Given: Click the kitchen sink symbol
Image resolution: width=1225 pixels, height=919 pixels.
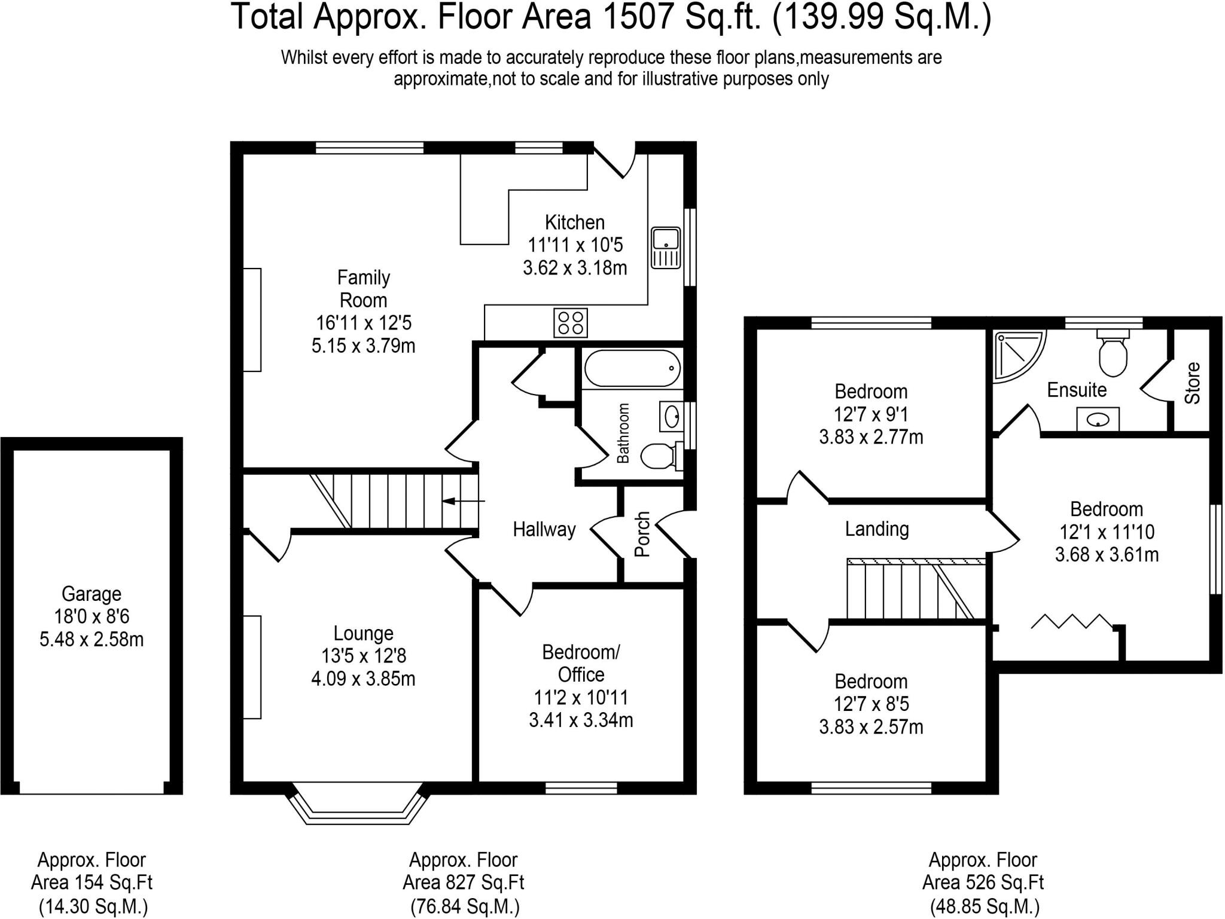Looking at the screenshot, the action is coord(666,248).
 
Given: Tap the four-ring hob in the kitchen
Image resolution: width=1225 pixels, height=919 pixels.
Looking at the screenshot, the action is coord(571,323).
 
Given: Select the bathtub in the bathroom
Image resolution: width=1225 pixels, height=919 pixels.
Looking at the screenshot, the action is coord(632,368).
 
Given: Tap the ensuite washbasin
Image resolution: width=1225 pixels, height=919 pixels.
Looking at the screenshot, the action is coord(1098,419).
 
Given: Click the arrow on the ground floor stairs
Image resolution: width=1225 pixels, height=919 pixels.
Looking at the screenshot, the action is coord(464,500).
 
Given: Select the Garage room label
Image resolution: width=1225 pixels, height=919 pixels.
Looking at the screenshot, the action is coord(92,594).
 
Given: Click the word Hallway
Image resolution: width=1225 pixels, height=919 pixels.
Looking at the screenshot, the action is coord(544,529).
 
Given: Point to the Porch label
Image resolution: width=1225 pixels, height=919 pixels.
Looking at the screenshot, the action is coord(642,534).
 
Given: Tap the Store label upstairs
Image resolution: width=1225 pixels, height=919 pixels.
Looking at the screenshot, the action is coord(1192,383).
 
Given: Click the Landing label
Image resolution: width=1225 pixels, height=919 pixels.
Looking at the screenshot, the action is coord(877,529).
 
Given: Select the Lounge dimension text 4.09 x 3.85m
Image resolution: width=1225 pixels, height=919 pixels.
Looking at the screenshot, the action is coord(363,679).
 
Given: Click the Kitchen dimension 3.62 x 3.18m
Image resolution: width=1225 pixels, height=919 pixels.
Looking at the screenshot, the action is coord(575,267).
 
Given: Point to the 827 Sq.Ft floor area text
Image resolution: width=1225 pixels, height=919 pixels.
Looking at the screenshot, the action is coord(464,883).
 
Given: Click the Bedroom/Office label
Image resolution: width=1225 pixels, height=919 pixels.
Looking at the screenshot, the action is coord(581,663).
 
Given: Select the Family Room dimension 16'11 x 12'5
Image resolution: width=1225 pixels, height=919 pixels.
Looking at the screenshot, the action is coord(364,323).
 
